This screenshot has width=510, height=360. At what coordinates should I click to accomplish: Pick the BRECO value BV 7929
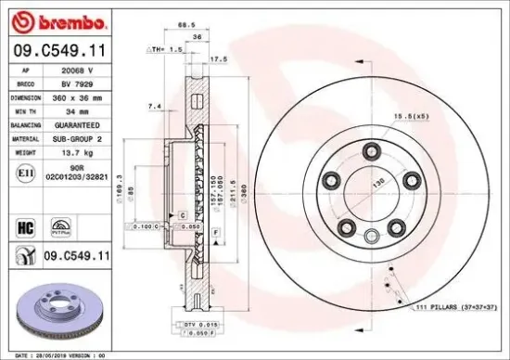tap(77, 83)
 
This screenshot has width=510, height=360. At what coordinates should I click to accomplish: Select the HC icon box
tap(25, 225)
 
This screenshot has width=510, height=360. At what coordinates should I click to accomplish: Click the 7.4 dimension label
tap(154, 108)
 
